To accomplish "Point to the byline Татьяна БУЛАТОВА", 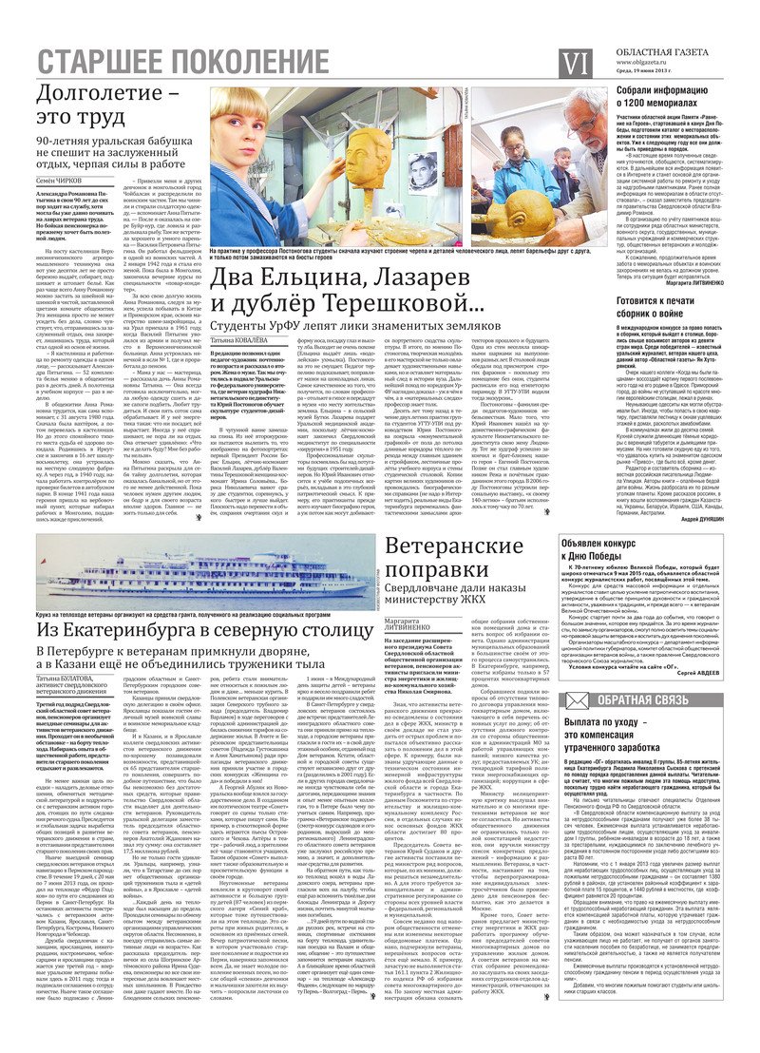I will coord(67,681).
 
